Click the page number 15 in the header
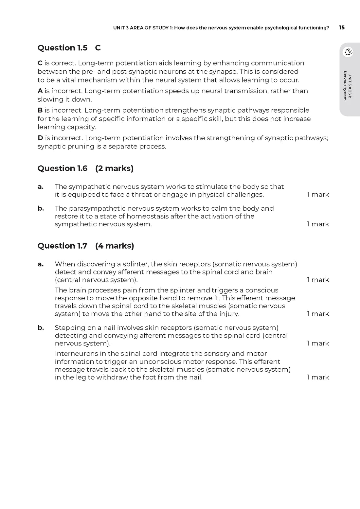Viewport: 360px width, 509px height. coord(342,27)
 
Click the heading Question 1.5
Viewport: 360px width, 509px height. coord(62,48)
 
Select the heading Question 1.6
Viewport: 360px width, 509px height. coord(62,168)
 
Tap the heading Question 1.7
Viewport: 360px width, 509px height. coord(62,246)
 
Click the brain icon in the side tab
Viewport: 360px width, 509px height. coord(348,52)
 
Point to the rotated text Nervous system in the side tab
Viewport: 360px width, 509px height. coord(345,86)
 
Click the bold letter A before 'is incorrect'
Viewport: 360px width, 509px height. coord(40,91)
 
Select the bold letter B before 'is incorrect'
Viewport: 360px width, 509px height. coord(40,110)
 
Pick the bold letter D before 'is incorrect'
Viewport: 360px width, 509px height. coord(40,138)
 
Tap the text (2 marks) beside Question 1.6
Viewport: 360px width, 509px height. coord(114,168)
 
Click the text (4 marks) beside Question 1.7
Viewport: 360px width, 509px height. coord(115,246)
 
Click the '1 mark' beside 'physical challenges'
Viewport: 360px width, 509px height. coord(318,195)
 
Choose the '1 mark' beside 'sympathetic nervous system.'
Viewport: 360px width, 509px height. coord(318,224)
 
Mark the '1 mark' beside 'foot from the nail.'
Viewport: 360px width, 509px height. coord(318,377)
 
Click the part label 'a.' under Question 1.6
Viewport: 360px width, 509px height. coord(41,187)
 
